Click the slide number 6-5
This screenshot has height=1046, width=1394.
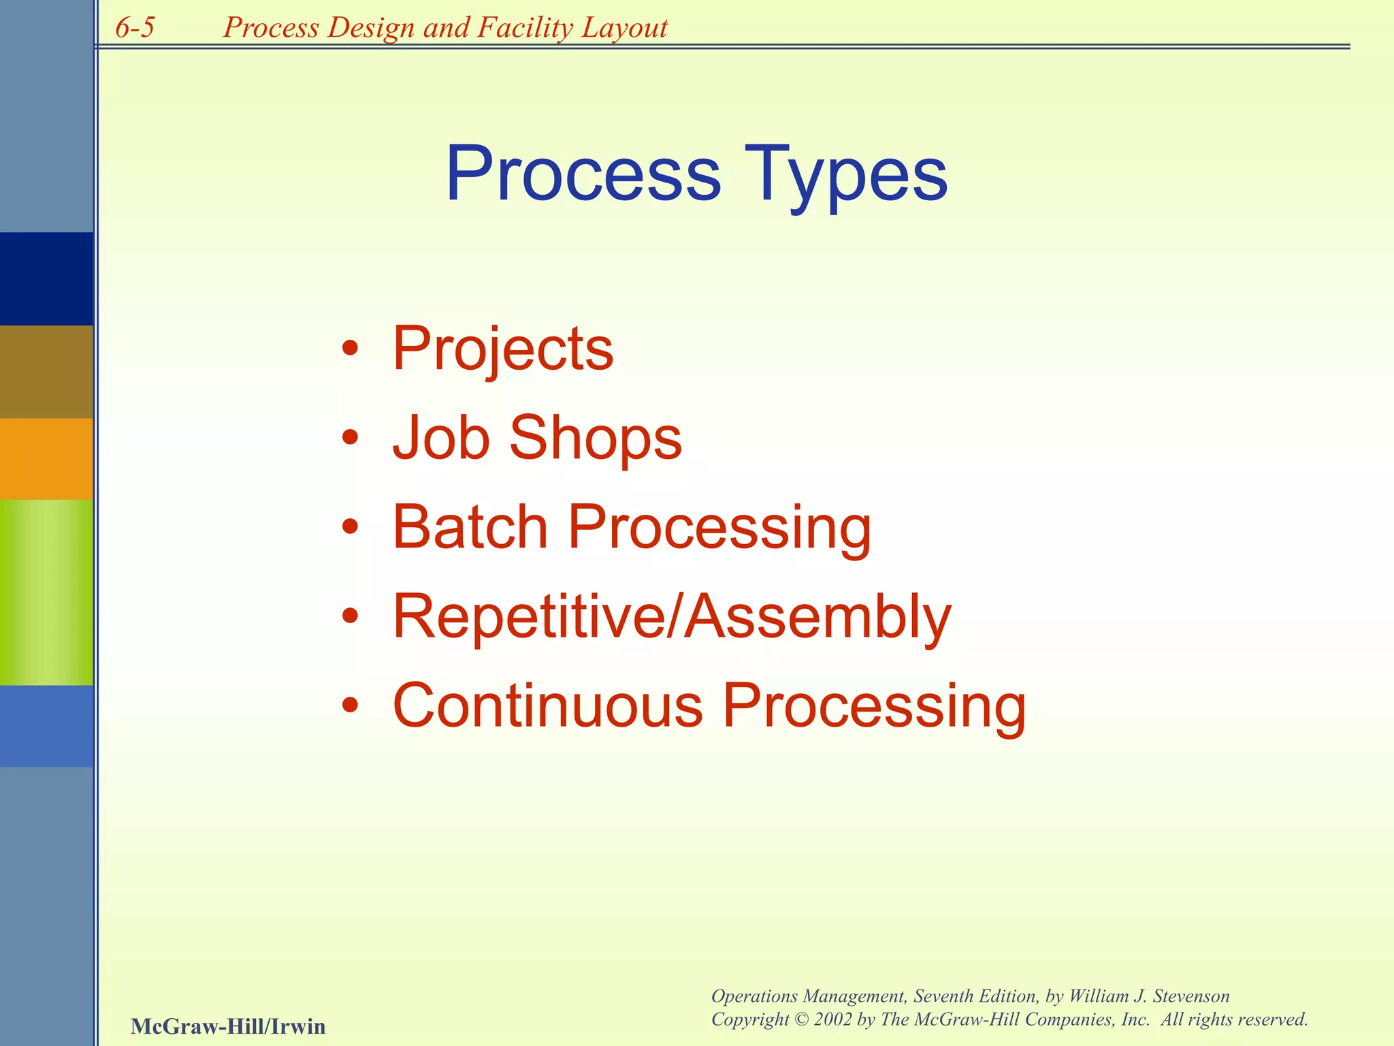click(135, 27)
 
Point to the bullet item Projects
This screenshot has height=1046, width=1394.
click(502, 349)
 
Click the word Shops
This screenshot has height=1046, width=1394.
click(595, 438)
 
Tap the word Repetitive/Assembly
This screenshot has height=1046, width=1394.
click(672, 616)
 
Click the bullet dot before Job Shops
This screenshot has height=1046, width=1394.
click(350, 438)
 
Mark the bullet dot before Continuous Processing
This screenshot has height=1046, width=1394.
click(350, 706)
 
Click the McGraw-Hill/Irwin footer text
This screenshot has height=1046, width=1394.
click(228, 1026)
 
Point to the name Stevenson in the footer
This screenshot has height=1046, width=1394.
click(1191, 996)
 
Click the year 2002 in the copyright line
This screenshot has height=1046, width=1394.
click(832, 1019)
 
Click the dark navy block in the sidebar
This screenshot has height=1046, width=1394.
click(46, 279)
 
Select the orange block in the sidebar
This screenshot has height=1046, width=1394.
click(46, 458)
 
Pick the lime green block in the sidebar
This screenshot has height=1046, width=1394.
click(46, 592)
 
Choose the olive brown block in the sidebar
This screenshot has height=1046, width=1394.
click(46, 371)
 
